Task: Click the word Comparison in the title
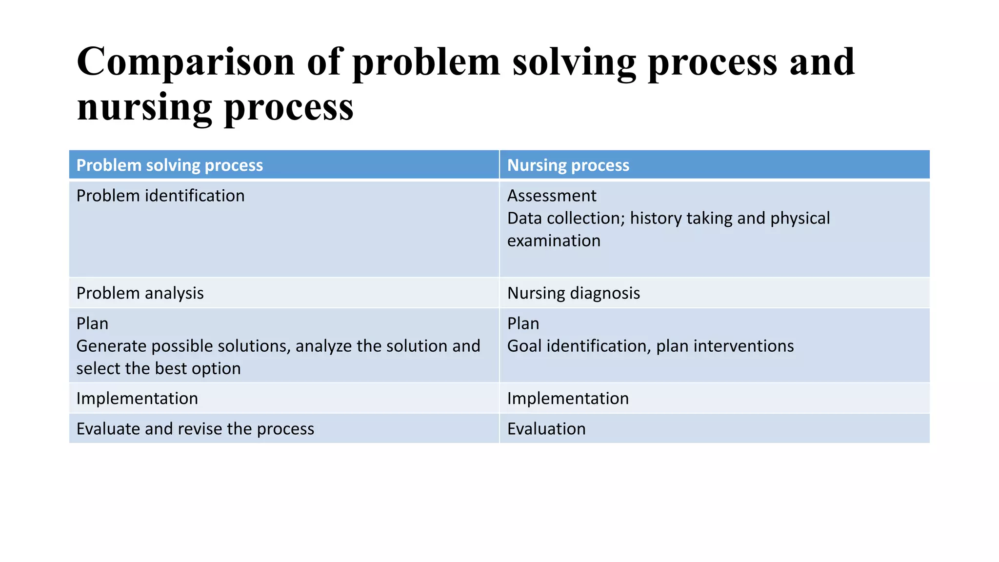[x=186, y=62]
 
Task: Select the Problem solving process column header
[x=169, y=165]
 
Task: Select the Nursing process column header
[x=568, y=165]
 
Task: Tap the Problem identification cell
[x=160, y=196]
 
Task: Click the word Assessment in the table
[x=551, y=196]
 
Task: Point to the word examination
[x=554, y=241]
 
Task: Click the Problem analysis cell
[x=140, y=293]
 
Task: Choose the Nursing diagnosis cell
[x=573, y=293]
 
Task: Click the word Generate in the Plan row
[x=111, y=346]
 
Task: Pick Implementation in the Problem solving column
[x=137, y=399]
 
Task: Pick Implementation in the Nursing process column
[x=568, y=399]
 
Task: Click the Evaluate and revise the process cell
[x=195, y=429]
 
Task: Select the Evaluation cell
[x=546, y=429]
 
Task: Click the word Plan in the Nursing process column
[x=523, y=323]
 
